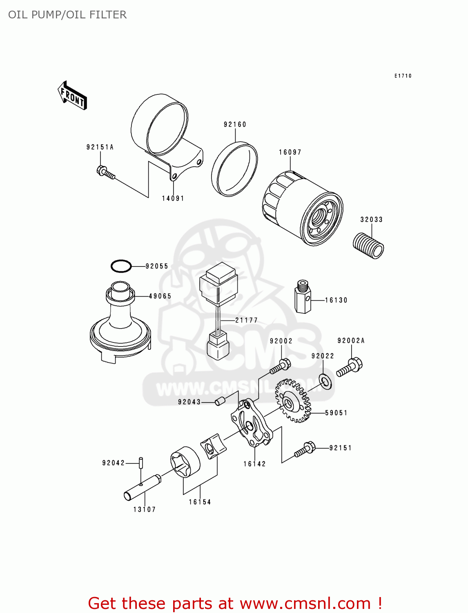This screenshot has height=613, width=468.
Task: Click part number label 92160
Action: pos(235,124)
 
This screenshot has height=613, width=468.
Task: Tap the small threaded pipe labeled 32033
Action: pos(368,246)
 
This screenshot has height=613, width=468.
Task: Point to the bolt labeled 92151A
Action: pos(106,173)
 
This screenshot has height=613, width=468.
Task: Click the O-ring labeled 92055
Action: pos(121,266)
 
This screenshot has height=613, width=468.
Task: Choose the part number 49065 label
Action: pos(160,296)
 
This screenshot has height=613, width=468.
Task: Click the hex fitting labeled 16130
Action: pos(303,297)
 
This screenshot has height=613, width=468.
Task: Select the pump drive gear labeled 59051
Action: pos(293,401)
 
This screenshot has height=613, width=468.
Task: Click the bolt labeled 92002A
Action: pos(350,367)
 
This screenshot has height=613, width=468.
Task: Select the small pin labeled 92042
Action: pos(141,463)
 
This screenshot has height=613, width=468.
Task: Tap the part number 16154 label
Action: pos(200,502)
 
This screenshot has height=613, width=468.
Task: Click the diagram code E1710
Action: pos(403,76)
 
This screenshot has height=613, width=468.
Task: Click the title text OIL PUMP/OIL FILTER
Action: pos(67,15)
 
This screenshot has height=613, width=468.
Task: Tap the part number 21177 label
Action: pos(246,320)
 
